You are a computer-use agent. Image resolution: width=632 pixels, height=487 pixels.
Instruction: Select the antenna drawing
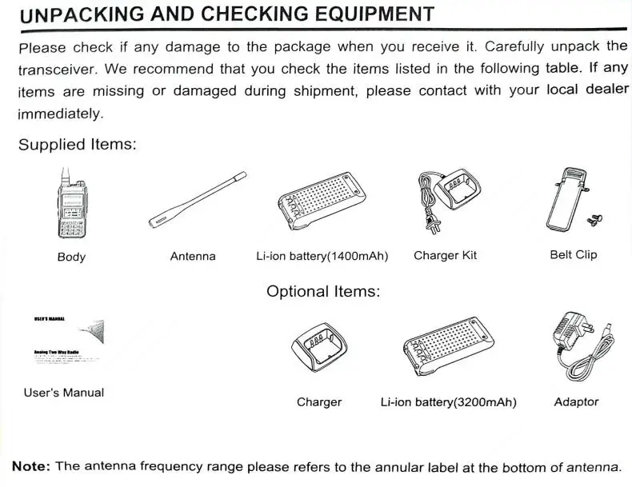click(197, 199)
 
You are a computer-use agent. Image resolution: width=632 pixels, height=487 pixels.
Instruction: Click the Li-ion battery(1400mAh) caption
click(322, 256)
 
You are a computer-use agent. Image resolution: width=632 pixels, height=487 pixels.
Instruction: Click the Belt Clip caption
click(574, 255)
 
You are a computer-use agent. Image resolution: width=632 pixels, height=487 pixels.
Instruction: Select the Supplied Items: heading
click(77, 145)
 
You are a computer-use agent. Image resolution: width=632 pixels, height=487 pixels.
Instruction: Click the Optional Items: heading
click(323, 291)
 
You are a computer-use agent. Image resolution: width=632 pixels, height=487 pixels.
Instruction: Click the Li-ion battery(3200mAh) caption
click(448, 402)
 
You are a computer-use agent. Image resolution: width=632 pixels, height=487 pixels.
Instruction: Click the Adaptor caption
click(576, 401)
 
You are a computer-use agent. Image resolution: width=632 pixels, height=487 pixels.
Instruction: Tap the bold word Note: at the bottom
click(31, 466)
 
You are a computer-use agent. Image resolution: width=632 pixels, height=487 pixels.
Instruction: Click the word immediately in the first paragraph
click(61, 114)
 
